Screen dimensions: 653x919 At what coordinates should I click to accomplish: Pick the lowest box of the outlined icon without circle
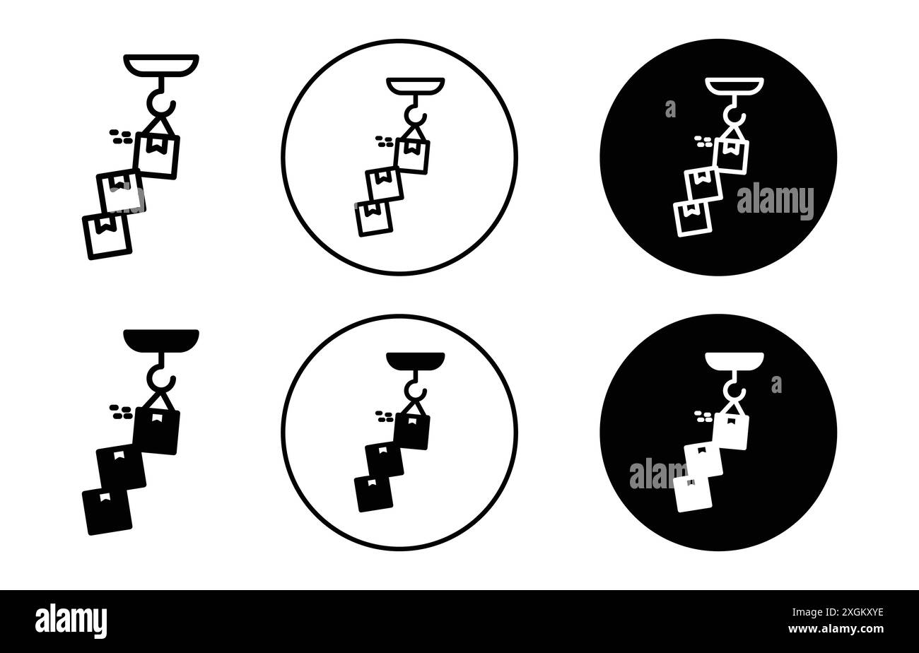pos(107,236)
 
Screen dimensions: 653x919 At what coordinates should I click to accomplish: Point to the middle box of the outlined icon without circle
pos(119,191)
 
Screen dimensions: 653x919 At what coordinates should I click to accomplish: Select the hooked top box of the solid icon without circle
pos(157,430)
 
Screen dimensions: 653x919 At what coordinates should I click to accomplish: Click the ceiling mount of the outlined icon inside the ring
pos(416,85)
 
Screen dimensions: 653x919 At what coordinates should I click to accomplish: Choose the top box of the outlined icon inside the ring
pos(413,155)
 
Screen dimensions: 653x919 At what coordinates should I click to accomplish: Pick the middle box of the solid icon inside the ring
pos(384,459)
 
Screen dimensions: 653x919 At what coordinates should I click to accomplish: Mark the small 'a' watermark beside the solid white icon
pos(776,384)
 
